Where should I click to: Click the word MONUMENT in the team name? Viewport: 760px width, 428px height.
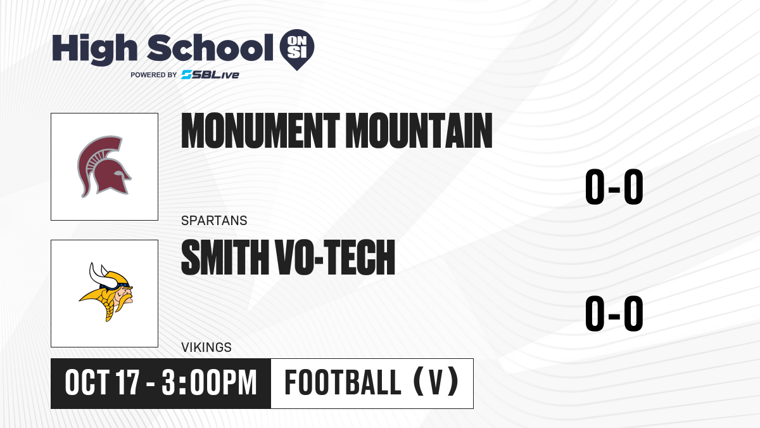(x=260, y=131)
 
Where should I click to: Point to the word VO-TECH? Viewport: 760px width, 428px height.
(x=336, y=257)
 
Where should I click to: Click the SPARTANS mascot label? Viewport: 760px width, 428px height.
(x=214, y=221)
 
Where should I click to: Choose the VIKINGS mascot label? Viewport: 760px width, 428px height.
(x=206, y=347)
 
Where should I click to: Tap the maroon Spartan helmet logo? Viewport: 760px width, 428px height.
(x=104, y=167)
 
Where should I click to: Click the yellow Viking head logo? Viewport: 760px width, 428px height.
(x=106, y=292)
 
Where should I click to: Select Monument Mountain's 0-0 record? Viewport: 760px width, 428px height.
(x=614, y=187)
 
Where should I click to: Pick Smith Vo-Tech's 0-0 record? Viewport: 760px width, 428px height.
(x=614, y=313)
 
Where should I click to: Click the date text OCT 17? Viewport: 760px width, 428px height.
(x=102, y=382)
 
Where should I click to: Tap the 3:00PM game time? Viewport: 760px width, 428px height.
(x=209, y=382)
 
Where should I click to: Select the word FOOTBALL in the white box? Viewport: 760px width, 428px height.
(x=343, y=382)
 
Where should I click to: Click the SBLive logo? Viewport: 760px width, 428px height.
(x=210, y=75)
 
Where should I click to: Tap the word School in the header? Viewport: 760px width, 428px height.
(x=210, y=48)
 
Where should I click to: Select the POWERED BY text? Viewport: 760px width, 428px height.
(x=154, y=75)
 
